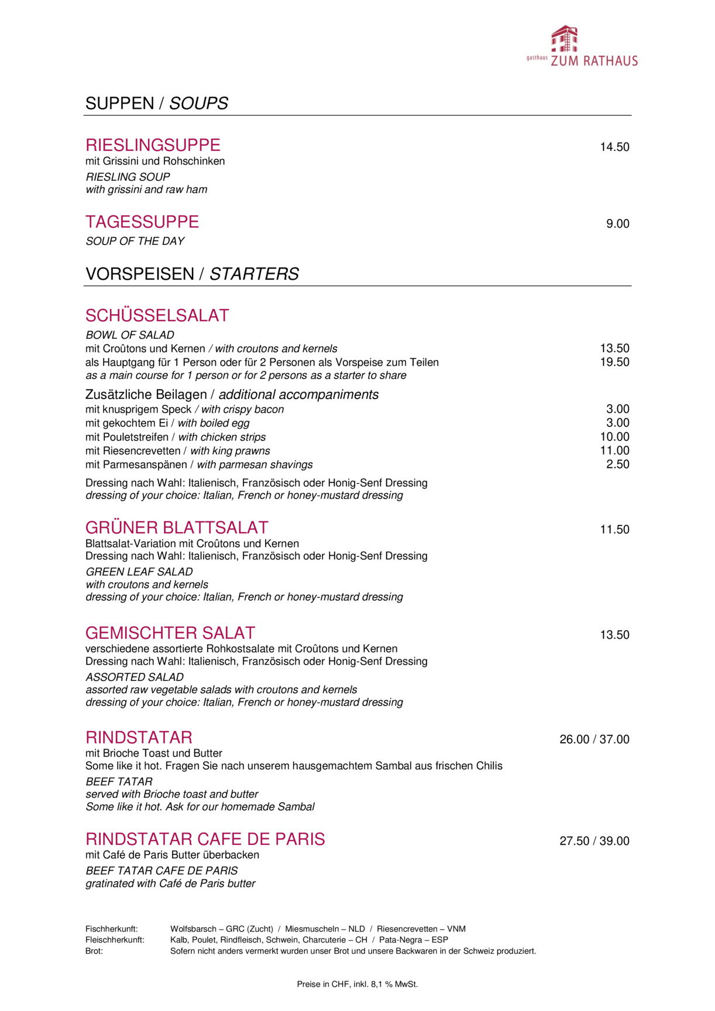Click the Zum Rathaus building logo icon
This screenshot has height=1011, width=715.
tap(565, 39)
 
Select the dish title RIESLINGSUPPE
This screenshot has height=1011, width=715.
tap(153, 145)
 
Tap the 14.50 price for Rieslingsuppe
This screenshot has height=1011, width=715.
tap(614, 147)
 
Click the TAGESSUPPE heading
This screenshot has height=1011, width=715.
tap(142, 222)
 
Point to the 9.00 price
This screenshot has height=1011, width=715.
tap(617, 224)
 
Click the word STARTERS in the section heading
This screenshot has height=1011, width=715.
tap(254, 274)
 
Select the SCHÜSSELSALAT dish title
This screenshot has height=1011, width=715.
tap(157, 315)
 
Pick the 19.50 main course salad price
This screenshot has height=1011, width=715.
tap(614, 362)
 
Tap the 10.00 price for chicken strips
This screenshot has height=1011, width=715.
tap(614, 437)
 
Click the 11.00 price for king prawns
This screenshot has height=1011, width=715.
tap(614, 451)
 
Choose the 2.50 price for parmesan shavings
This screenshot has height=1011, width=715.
tap(617, 465)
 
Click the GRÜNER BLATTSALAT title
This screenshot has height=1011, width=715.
tap(177, 528)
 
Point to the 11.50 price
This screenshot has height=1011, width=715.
tap(614, 529)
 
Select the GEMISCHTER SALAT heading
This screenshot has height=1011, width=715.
tap(170, 633)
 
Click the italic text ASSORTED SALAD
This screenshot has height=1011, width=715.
tap(135, 677)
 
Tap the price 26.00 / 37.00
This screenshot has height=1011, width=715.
tap(594, 740)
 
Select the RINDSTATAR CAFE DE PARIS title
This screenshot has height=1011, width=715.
tap(205, 839)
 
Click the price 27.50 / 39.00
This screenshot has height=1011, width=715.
tap(594, 841)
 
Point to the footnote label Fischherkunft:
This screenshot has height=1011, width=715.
tap(112, 929)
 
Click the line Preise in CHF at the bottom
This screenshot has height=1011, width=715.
tap(357, 984)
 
